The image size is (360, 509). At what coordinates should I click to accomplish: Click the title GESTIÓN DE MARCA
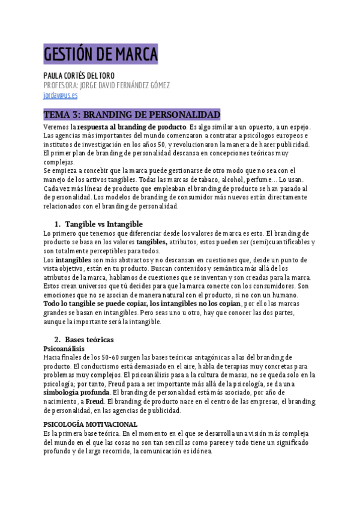point(100,54)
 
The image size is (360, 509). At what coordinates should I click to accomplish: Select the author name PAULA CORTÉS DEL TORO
point(79,76)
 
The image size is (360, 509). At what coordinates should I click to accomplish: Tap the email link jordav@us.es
point(61,95)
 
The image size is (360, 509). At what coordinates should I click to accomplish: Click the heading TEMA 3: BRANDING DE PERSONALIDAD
point(132,115)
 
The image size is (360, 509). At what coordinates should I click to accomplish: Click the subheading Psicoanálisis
point(64,348)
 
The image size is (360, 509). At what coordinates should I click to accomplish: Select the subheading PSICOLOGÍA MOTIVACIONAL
point(91,424)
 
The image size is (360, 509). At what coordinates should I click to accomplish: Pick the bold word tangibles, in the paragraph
point(148,242)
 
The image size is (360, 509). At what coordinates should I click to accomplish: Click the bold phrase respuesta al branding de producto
point(131,128)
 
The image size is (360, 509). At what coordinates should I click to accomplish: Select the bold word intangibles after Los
point(73,260)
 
